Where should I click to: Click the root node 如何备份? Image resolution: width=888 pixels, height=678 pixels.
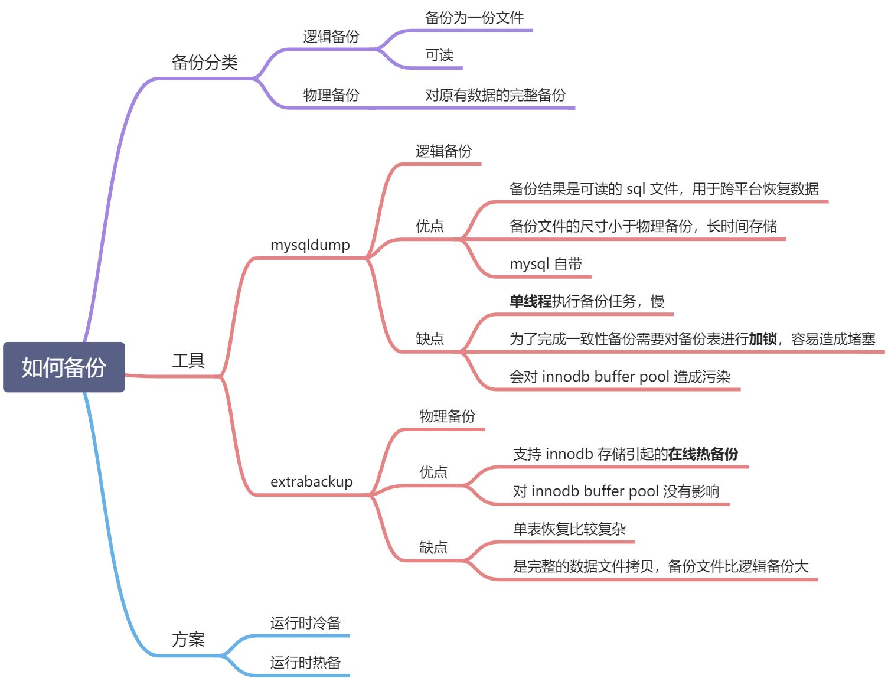(64, 367)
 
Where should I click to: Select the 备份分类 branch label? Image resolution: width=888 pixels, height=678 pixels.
(204, 62)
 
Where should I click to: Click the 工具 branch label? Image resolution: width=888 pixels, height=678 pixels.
(188, 360)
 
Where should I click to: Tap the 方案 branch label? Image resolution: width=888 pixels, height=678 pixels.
(188, 639)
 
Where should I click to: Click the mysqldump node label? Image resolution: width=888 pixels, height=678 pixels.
(310, 245)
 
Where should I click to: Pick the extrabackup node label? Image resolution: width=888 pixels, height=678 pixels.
(311, 481)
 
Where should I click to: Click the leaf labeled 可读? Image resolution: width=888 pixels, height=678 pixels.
(439, 55)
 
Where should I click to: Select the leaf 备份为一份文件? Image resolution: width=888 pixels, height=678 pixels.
(474, 18)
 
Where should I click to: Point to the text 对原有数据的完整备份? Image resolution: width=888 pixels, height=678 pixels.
(495, 94)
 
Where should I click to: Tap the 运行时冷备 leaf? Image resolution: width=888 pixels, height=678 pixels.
(305, 622)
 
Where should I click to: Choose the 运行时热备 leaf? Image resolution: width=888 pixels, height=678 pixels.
(305, 662)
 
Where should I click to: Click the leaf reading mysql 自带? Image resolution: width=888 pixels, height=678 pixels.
(546, 263)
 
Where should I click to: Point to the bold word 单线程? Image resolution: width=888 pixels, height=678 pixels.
(530, 301)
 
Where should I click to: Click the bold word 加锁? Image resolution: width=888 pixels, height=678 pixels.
(762, 339)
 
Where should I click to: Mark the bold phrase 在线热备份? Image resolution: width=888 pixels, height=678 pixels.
(703, 454)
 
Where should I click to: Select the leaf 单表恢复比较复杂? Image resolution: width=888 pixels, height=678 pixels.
(569, 529)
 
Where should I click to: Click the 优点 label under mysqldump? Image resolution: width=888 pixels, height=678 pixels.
(430, 226)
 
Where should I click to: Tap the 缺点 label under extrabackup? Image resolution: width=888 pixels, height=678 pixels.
(433, 547)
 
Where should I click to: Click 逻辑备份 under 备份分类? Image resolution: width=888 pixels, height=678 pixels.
(331, 37)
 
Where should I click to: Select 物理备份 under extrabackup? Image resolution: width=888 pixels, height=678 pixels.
(447, 416)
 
